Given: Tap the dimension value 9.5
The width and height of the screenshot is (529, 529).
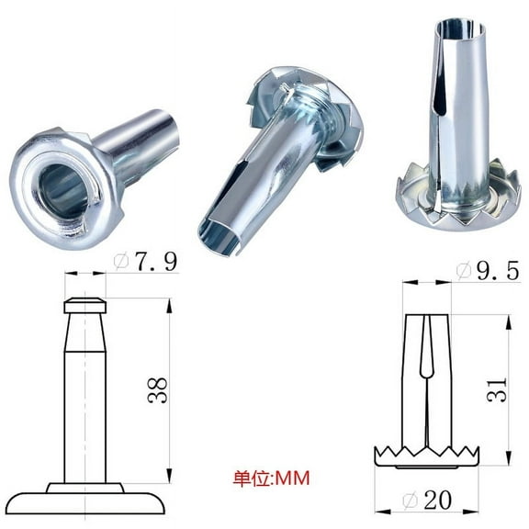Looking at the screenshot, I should [485, 273].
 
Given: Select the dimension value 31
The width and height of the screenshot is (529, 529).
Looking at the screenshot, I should [495, 392].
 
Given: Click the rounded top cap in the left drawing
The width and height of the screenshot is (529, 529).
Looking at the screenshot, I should [85, 305].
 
